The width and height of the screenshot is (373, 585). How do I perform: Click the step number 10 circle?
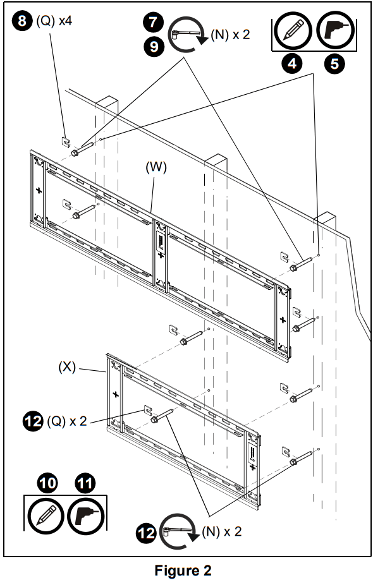click(47, 484)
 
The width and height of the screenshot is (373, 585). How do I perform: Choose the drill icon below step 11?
click(87, 516)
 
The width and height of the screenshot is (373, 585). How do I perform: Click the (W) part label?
click(156, 167)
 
